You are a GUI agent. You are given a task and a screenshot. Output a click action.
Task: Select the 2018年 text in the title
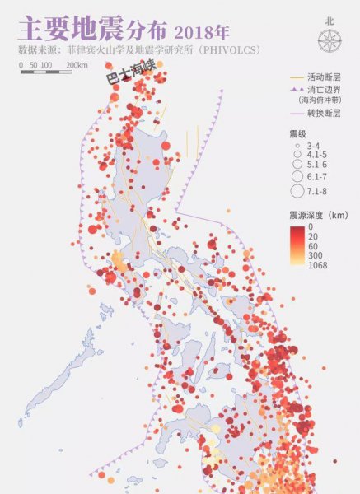tap(201, 31)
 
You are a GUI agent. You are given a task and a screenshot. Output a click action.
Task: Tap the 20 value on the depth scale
tap(312, 235)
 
